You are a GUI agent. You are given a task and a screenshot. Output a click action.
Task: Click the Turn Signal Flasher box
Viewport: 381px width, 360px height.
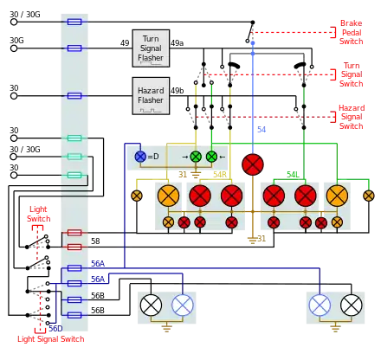pos(151,48)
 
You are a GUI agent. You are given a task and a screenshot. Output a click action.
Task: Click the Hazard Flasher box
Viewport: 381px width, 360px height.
pos(151,96)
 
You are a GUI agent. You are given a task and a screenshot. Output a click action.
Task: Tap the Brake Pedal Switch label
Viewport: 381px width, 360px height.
pos(351,32)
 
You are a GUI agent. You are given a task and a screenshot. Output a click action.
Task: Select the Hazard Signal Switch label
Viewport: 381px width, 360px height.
pos(352,117)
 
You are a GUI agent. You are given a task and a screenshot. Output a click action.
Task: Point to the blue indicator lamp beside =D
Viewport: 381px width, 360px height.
pos(140,157)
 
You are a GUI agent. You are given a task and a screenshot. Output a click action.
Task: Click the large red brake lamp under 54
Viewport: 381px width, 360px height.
pos(253,164)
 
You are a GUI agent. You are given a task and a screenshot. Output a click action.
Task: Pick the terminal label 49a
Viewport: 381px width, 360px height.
pos(177,43)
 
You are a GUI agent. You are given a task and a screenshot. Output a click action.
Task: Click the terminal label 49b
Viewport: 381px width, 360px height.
pos(177,91)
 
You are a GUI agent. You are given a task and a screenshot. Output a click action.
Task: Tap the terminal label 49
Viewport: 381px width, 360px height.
pos(125,43)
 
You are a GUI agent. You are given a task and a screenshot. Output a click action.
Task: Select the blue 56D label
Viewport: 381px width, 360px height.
pos(55,329)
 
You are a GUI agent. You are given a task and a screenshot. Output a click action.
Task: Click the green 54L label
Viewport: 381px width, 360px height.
pos(293,175)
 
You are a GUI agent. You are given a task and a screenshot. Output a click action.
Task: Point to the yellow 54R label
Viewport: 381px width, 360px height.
pos(220,175)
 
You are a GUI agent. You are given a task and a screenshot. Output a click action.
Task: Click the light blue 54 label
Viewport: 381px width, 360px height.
pos(262,130)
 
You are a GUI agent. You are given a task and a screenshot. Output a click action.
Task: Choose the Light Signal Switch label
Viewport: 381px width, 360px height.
pos(51,339)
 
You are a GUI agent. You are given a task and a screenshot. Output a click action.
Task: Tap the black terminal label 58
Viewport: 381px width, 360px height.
pos(95,241)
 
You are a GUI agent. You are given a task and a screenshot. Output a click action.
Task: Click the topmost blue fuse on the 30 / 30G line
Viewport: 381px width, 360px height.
pos(74,22)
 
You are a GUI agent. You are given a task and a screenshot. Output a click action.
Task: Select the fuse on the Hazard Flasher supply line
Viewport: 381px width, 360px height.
pos(74,96)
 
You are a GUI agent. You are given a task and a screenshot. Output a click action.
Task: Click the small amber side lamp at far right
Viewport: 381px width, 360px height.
pos(369,196)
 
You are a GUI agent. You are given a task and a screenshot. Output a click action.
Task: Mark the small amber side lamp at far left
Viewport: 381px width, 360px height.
pos(137,196)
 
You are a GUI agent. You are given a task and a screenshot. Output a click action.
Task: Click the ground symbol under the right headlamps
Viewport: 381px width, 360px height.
pos(335,328)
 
